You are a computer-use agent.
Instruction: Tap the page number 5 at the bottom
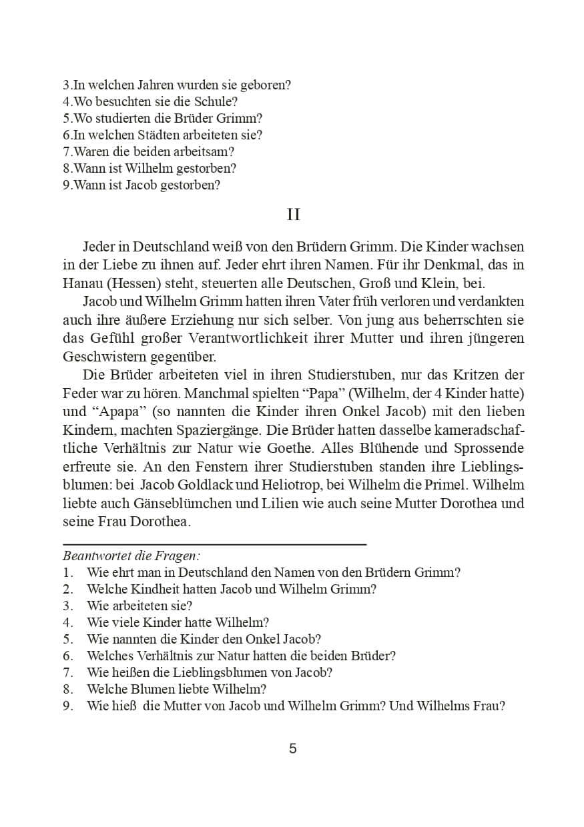tap(292, 748)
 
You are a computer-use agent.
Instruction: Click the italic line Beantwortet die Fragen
tap(132, 555)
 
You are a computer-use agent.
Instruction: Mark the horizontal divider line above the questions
tap(214, 544)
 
